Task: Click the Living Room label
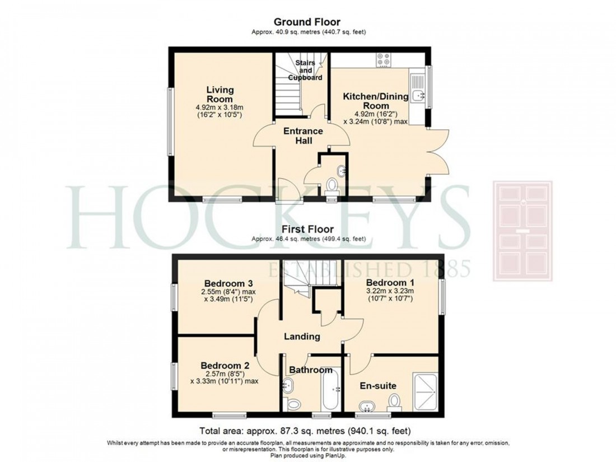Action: coord(220,94)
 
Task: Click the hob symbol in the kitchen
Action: coord(384,59)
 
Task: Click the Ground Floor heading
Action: coord(306,22)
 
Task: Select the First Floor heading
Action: coord(307,229)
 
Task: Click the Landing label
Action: coord(302,337)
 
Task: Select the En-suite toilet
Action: coord(395,401)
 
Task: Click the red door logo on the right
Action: coord(522,231)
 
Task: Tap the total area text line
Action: coord(307,431)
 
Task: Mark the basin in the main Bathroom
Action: coord(289,385)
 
